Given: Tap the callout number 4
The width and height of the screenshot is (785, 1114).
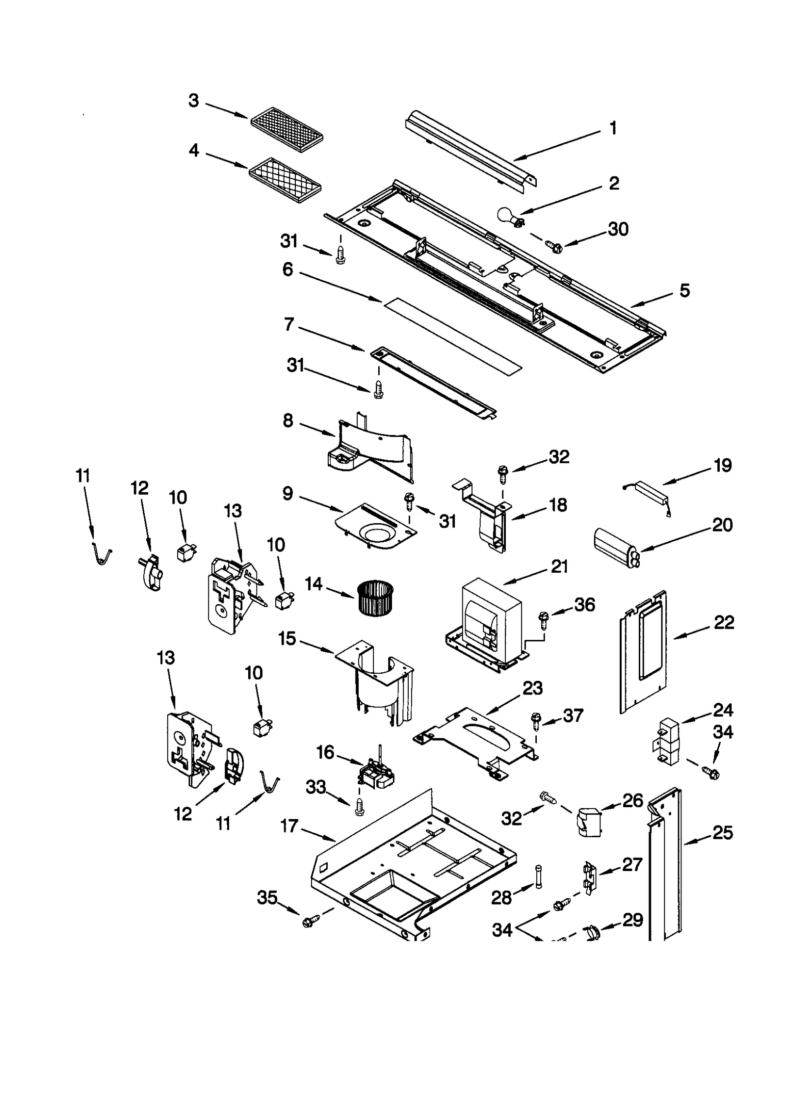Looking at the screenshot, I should pyautogui.click(x=194, y=150).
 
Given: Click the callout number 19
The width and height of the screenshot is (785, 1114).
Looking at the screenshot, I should pyautogui.click(x=722, y=465).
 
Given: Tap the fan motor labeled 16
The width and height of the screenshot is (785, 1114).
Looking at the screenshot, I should pyautogui.click(x=376, y=774).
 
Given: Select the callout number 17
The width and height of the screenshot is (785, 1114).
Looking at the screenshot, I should pyautogui.click(x=289, y=826).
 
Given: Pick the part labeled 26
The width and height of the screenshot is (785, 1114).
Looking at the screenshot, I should pyautogui.click(x=589, y=822).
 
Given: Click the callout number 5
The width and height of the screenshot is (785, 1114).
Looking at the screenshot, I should pyautogui.click(x=685, y=291).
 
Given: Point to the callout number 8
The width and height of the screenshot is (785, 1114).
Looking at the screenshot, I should pyautogui.click(x=288, y=421).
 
